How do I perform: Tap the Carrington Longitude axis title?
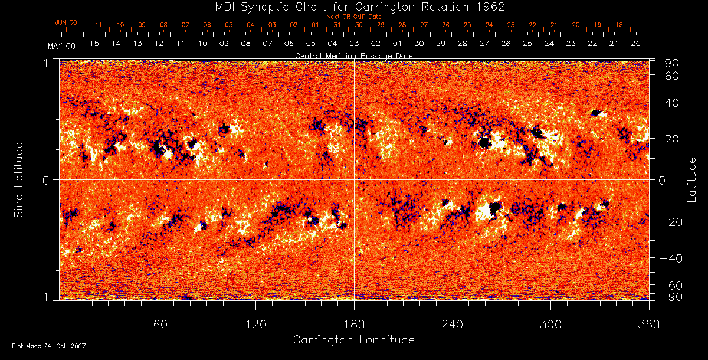point(353,340)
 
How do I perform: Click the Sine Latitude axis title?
point(19,179)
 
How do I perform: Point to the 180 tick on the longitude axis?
point(354,324)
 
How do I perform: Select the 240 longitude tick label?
point(453,324)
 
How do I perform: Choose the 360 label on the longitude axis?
point(648,324)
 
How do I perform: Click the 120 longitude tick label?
point(256,324)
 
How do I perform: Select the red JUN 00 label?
point(66,22)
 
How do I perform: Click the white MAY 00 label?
point(62,45)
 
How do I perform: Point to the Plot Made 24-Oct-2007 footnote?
point(49,346)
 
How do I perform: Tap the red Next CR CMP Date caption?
point(353,17)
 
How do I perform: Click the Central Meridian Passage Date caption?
point(353,55)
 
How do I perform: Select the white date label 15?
point(94,44)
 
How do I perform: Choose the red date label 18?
point(619,25)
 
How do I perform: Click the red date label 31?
point(337,25)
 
